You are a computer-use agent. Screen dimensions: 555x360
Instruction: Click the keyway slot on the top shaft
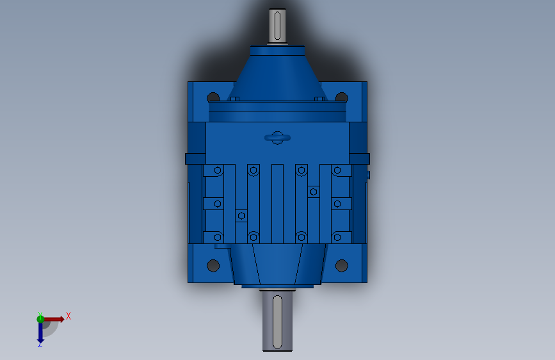tap(278, 26)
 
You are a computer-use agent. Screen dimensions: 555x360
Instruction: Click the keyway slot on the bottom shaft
tap(278, 322)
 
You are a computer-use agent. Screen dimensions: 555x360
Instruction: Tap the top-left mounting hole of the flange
tap(213, 97)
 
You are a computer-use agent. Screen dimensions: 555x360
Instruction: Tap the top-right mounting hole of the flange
tap(342, 97)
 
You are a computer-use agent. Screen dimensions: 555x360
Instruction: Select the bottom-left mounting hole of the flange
tap(213, 265)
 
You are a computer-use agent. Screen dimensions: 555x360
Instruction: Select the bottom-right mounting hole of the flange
tap(342, 265)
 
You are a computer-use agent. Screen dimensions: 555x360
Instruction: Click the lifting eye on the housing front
tap(278, 138)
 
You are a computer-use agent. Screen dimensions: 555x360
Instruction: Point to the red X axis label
tap(68, 316)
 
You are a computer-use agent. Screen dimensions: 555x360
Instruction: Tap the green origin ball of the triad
tap(40, 319)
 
